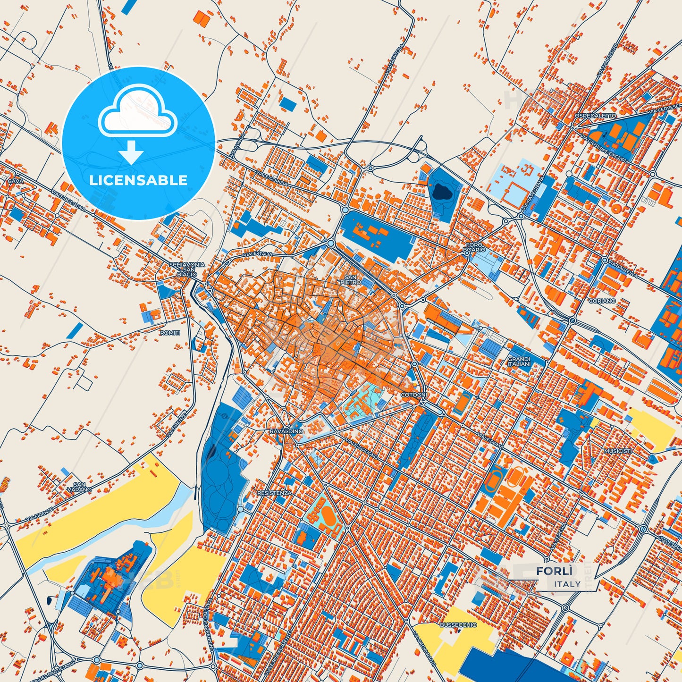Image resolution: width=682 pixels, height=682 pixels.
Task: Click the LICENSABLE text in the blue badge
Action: pos(138,180)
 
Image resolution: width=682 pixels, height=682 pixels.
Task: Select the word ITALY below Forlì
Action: pos(567,584)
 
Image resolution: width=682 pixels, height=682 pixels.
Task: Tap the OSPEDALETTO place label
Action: pos(595,116)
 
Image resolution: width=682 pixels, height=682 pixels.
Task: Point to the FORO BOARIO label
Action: pos(474,247)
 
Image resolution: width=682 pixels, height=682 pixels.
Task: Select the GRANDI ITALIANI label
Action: pos(519,362)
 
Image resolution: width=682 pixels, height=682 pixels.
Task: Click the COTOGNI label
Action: pos(413,395)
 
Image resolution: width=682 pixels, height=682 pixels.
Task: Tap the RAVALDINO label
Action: pos(286,431)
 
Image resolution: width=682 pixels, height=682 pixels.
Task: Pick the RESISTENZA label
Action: pos(274,493)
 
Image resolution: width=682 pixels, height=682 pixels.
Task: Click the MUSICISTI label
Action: pos(617,451)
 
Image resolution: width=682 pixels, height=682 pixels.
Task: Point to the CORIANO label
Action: pos(602,301)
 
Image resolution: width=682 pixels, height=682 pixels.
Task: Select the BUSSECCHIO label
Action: pos(458,624)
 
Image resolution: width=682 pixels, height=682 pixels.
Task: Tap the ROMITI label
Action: pos(170,333)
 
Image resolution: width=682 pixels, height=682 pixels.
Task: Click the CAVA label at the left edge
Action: pos(16,181)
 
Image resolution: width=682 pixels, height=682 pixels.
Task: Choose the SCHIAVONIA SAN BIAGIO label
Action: pos(187,269)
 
